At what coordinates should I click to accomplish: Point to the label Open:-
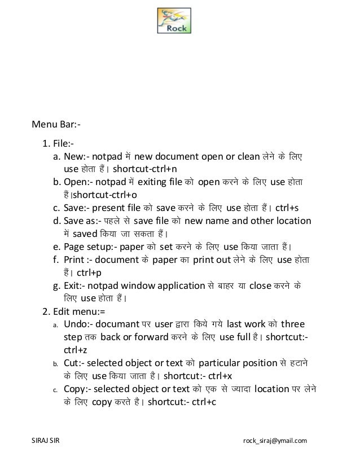tap(78, 181)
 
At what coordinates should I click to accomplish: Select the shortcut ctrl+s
tap(291, 208)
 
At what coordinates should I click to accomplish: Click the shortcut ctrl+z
tap(73, 350)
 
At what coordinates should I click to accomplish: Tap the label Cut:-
tap(74, 364)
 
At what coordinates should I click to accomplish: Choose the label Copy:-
tap(77, 391)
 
